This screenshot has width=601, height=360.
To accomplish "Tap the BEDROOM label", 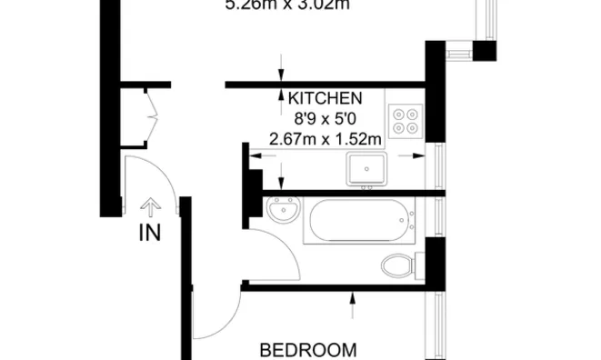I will pyautogui.click(x=307, y=349).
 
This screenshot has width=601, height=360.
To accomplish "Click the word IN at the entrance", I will pyautogui.click(x=150, y=233).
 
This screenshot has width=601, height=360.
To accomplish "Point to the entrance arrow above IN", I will pyautogui.click(x=150, y=207).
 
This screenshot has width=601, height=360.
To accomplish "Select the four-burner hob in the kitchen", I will pyautogui.click(x=404, y=121).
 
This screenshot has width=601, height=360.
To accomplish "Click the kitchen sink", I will pyautogui.click(x=367, y=168).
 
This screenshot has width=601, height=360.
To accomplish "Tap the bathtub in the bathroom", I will pyautogui.click(x=360, y=222).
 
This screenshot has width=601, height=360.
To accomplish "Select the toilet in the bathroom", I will pyautogui.click(x=398, y=266).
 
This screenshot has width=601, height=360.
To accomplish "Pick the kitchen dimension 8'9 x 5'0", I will pyautogui.click(x=326, y=118).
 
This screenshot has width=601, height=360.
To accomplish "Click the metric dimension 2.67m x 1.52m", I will pyautogui.click(x=326, y=139).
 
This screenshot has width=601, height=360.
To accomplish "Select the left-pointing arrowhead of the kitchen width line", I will pyautogui.click(x=255, y=155).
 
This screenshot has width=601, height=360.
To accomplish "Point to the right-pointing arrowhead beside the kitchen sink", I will pyautogui.click(x=419, y=155).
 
